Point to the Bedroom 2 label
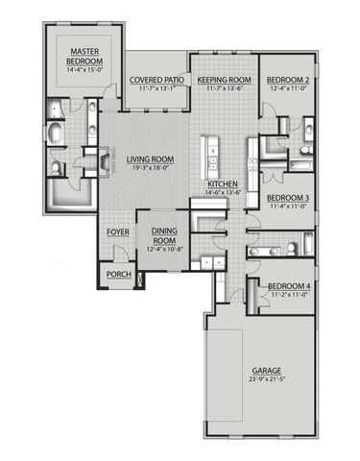coord(286,81)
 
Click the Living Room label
coord(148,158)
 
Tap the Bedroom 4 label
coord(288,287)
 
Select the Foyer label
coord(117,231)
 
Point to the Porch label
coord(118,275)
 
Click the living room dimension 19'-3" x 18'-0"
coord(148,167)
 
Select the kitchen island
coord(205,153)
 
